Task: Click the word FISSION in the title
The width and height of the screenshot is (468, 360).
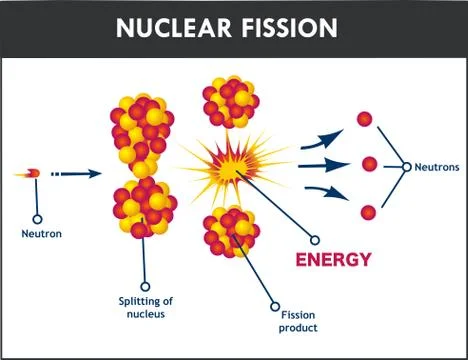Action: pos(289,27)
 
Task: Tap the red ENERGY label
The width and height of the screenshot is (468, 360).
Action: pos(332,260)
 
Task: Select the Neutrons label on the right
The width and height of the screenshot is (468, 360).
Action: pos(435,167)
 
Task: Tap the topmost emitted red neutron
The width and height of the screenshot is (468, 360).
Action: pos(365,119)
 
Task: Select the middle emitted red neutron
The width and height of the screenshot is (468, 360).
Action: pos(369,164)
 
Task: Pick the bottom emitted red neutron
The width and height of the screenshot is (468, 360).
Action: pos(368,212)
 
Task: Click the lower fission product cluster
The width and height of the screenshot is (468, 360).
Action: pos(229,232)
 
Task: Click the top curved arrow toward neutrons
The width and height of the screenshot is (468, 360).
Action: pos(320,138)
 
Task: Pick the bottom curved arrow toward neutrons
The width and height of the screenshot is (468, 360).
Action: pos(320,193)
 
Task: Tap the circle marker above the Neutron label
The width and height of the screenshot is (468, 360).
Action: pos(38,217)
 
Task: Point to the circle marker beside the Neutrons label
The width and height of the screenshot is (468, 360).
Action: pos(407,167)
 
